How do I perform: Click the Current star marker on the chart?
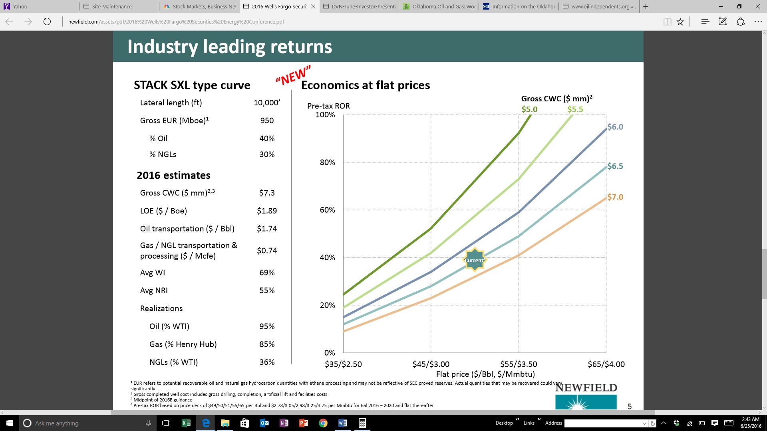pyautogui.click(x=474, y=260)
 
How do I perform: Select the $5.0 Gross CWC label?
pyautogui.click(x=529, y=109)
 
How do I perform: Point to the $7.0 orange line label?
pyautogui.click(x=615, y=197)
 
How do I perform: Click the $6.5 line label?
pyautogui.click(x=615, y=166)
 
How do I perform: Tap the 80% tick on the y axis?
pyautogui.click(x=327, y=162)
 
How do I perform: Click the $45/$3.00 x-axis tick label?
pyautogui.click(x=431, y=364)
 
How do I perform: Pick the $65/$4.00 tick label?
pyautogui.click(x=606, y=364)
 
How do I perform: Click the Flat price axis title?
pyautogui.click(x=485, y=374)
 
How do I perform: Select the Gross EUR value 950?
pyautogui.click(x=267, y=121)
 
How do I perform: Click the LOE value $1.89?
pyautogui.click(x=267, y=211)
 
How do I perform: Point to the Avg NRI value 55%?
pyautogui.click(x=267, y=291)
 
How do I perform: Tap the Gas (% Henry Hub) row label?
pyautogui.click(x=183, y=344)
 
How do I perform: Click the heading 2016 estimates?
pyautogui.click(x=173, y=175)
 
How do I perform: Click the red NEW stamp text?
pyautogui.click(x=293, y=75)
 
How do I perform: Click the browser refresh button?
pyautogui.click(x=47, y=22)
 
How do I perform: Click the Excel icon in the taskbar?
pyautogui.click(x=186, y=423)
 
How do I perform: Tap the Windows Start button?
pyautogui.click(x=10, y=423)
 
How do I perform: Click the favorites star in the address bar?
pyautogui.click(x=680, y=22)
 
